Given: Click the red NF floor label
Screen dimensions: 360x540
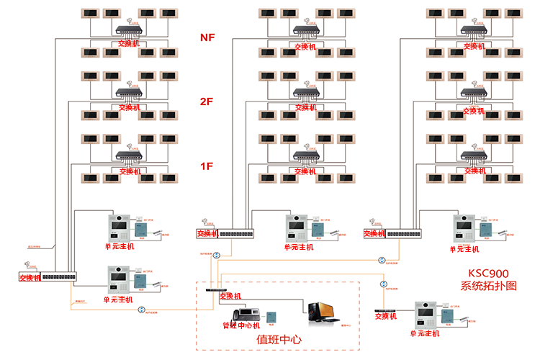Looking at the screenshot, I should (207, 37).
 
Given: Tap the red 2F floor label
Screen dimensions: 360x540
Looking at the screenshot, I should (207, 102).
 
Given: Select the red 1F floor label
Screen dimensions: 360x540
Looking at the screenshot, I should (207, 166).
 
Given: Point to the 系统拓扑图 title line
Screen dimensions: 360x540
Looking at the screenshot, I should (489, 286).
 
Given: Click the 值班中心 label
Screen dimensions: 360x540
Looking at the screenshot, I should (279, 339).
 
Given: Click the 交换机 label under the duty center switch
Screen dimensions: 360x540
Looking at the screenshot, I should (230, 296).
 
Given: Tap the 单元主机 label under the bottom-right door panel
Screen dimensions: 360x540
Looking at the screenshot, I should (426, 333).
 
